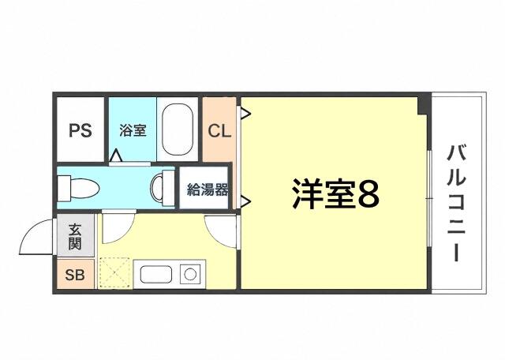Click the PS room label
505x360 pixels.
point(80,130)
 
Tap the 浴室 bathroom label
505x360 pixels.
point(133,130)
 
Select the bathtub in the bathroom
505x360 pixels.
point(178,129)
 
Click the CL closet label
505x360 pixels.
point(219,131)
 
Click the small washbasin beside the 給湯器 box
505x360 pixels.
point(163,188)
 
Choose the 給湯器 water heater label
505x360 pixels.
point(208,189)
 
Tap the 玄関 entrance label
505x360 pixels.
point(75,236)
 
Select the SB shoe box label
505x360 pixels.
point(75,275)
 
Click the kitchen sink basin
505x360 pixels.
point(156,275)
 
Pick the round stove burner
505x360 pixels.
point(190,274)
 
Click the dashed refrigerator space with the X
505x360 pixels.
point(114,272)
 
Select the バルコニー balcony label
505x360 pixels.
point(456,204)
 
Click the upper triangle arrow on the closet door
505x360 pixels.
point(245,113)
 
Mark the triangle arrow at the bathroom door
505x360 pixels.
point(115,156)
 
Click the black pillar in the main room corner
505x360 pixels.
point(424,103)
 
